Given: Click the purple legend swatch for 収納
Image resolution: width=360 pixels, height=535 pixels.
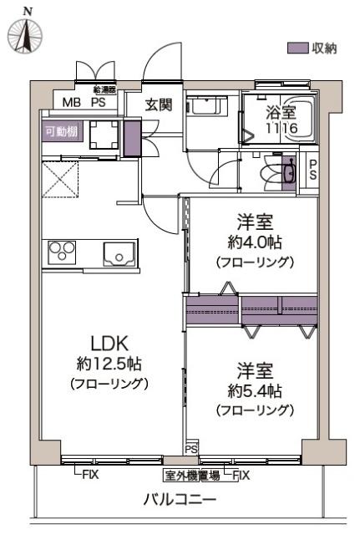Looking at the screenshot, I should tap(297, 48).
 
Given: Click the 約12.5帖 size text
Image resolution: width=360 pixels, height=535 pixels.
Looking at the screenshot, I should tap(109, 364).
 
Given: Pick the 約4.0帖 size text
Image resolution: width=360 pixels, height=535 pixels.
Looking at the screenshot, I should tap(254, 242).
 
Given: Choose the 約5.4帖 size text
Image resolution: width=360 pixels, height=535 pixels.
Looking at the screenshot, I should tap(254, 390).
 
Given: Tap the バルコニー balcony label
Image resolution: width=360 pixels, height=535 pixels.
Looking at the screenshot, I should tap(179, 500).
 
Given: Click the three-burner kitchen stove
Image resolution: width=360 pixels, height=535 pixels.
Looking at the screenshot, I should tap(63, 252).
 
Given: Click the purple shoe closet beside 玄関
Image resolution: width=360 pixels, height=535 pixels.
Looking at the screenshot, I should tap(132, 139).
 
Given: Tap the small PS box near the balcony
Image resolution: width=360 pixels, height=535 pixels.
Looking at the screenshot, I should tap(191, 450).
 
